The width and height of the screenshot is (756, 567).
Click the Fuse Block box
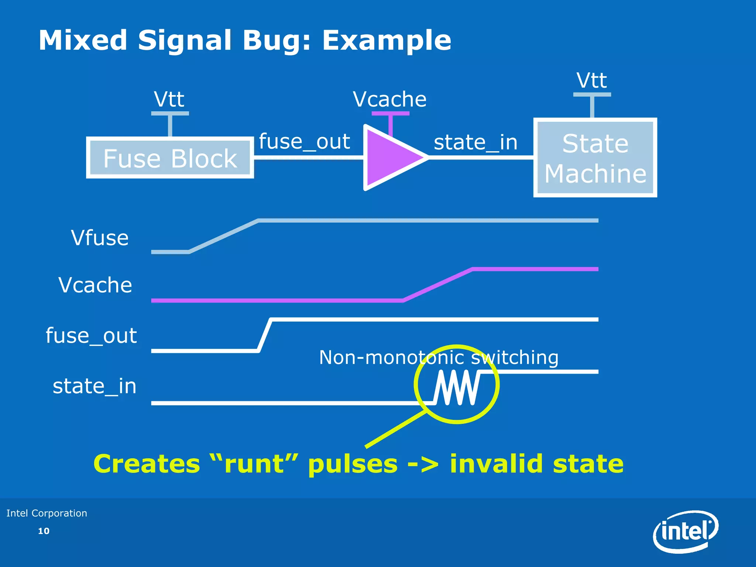coord(170,158)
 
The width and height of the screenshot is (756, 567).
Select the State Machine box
coord(595,158)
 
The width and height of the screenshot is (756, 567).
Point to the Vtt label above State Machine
coord(592,80)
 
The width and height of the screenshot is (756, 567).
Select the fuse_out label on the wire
coord(304,141)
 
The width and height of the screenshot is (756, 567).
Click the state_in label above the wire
coord(475,142)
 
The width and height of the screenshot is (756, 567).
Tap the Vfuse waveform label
coord(100,238)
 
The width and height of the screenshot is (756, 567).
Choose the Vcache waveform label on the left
coord(95,285)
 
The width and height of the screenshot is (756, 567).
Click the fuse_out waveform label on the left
coord(91,336)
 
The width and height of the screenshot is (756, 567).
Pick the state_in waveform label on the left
coord(94,386)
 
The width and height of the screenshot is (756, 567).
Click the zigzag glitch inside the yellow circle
coord(457,388)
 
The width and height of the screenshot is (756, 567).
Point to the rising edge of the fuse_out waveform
coord(265,335)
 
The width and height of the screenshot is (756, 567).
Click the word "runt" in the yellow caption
coord(255,464)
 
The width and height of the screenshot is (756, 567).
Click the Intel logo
coord(685,532)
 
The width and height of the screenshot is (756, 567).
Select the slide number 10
coord(44,531)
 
